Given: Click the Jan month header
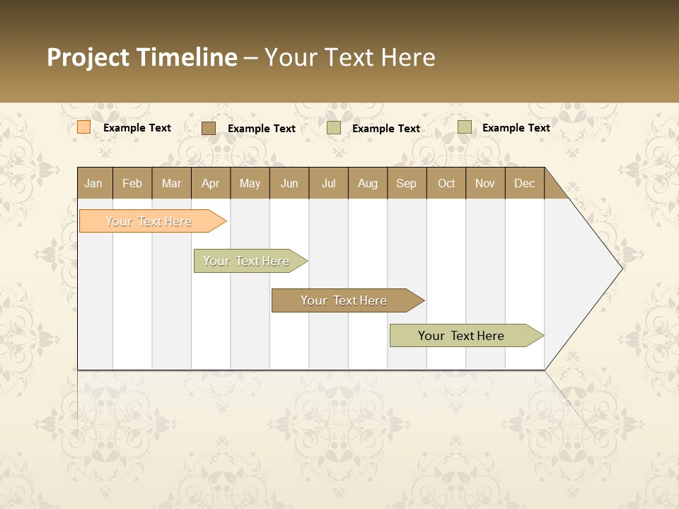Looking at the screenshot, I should coord(93,183).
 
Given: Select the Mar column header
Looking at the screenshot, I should coord(171,183).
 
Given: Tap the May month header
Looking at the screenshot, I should coord(250,183).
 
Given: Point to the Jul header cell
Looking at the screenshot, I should coord(328,183).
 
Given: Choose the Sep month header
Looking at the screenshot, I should coord(406,183).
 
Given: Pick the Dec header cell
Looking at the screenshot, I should coord(524,183).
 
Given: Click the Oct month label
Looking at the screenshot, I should coord(446,183).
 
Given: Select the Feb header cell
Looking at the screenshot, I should coord(132,183).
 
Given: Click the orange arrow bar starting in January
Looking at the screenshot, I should coord(149,221).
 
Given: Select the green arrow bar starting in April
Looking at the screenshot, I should coord(247,261).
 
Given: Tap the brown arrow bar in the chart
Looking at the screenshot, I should coord(344,300).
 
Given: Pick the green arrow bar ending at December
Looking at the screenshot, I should coord(462,336).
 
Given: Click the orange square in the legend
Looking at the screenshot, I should coord(83,127).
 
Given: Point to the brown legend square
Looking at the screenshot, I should coord(208,128).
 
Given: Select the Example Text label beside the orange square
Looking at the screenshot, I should coord(137,128).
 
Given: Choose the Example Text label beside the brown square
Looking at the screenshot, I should coord(262,129).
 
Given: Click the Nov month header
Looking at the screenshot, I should coord(485,183).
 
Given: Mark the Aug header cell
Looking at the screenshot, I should coord(367,183).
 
